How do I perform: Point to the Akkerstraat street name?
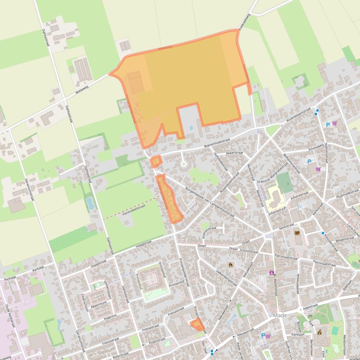tap(235, 152)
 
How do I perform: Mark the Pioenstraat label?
tap(157, 341)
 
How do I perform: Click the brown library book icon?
tap(296, 232)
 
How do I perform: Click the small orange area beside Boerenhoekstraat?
tap(156, 161)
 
